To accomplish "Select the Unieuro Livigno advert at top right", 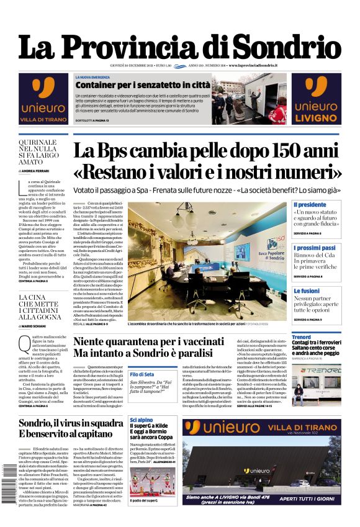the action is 317,99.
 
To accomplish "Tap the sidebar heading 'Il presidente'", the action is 310,204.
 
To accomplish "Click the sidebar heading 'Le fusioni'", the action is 306,291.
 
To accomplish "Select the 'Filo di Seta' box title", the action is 142,374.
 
